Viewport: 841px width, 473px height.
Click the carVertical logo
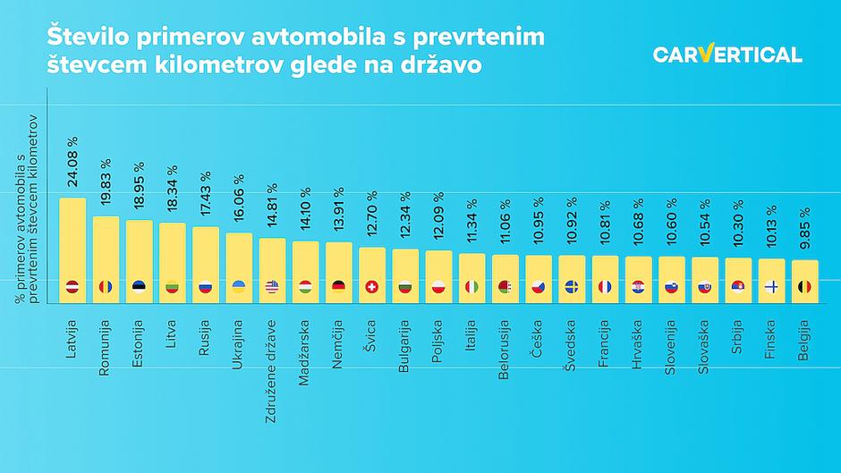coord(726,55)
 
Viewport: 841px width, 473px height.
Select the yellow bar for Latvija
coord(72,250)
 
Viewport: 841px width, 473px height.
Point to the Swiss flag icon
coord(372,287)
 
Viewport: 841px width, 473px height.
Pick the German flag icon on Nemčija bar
coord(338,287)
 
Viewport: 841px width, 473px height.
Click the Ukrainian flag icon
coord(239,287)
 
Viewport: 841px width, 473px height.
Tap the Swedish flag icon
coord(572,287)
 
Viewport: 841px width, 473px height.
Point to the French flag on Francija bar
coord(605,287)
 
